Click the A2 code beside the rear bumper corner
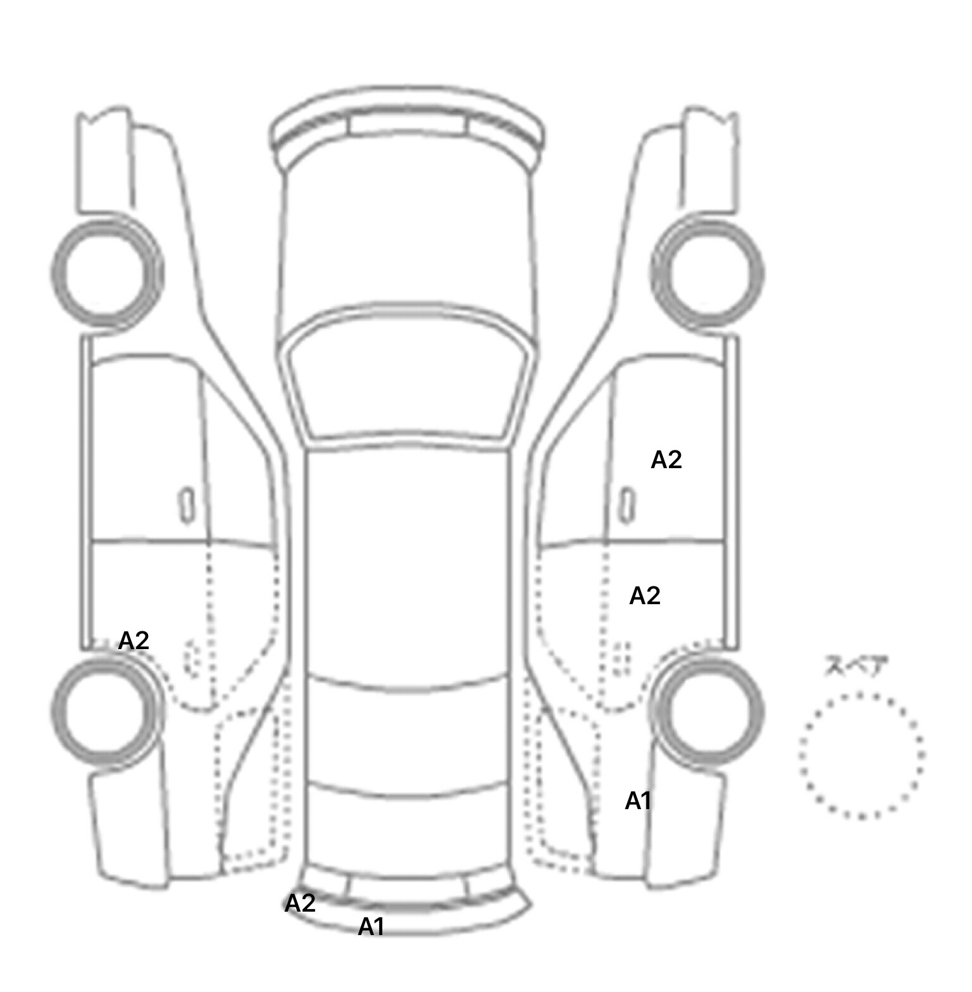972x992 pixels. point(300,903)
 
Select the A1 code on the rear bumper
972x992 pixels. point(371,927)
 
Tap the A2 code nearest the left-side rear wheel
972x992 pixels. point(134,641)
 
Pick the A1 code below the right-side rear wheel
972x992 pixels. point(638,801)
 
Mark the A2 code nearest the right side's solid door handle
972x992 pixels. point(666,460)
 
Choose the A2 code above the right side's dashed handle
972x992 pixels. point(645,595)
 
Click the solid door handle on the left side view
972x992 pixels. point(186,505)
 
